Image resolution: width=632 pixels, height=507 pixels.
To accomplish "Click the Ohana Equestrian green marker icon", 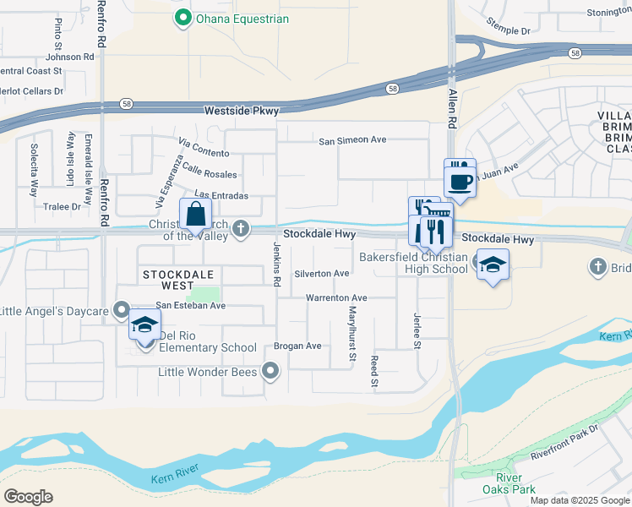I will (182, 18).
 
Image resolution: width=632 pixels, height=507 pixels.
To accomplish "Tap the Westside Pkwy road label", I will (242, 111).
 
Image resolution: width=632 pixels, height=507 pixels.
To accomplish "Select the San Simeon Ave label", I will (351, 140).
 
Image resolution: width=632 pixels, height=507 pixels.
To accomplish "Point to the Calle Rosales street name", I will (209, 173).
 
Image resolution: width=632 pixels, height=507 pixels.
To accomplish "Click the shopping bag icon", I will (195, 214).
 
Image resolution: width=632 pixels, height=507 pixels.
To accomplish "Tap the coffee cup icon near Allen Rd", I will (460, 181).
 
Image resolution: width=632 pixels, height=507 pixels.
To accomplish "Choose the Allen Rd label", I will (453, 110).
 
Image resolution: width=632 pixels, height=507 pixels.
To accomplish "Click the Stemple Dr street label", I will (513, 30).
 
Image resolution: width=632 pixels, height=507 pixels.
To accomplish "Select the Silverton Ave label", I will (321, 274).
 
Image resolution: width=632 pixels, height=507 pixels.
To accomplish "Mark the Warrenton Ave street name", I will (335, 298).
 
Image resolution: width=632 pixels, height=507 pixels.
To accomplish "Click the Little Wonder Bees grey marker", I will (270, 369).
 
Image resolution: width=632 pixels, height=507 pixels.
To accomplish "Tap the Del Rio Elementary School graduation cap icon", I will (144, 324).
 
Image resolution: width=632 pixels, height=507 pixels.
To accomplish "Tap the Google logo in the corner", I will (29, 496).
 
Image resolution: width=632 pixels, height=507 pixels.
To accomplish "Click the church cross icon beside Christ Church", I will (241, 227).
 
